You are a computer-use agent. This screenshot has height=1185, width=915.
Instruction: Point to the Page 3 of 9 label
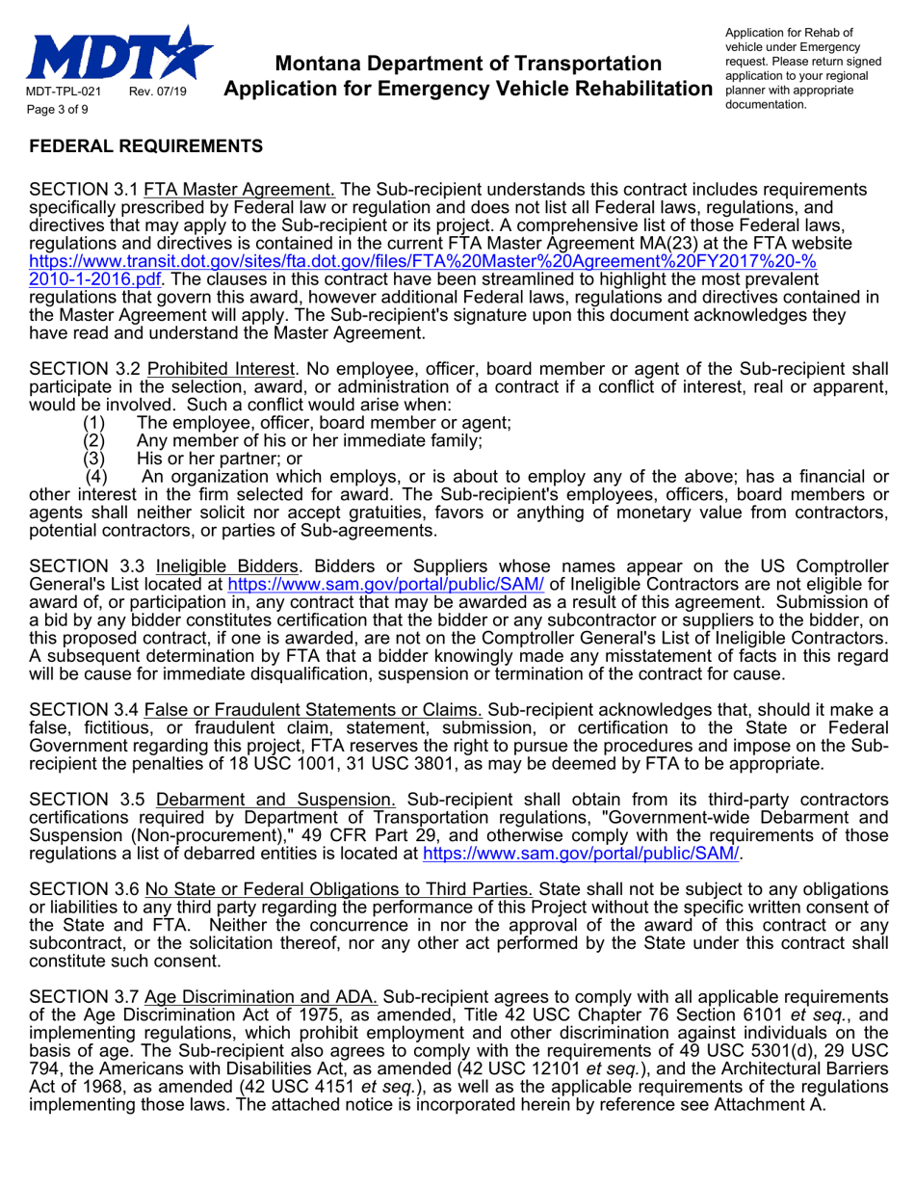point(57,110)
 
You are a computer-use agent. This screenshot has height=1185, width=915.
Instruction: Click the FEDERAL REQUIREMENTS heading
point(145,146)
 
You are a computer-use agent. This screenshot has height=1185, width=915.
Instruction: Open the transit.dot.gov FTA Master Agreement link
point(424,262)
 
